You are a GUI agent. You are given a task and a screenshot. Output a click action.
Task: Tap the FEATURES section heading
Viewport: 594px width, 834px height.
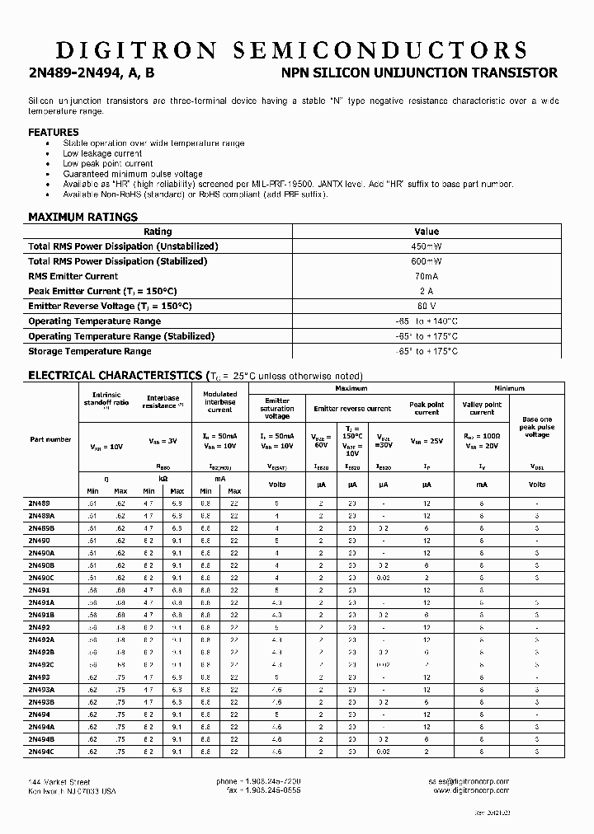coord(54,132)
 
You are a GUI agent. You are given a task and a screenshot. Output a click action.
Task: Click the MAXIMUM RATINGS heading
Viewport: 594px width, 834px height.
coord(82,217)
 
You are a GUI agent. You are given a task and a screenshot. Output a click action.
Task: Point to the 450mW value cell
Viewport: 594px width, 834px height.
coord(427,246)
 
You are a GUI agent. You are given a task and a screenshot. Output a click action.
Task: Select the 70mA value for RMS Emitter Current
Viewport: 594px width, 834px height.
coord(427,276)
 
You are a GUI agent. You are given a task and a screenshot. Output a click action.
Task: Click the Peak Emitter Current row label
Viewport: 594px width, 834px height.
coord(102,292)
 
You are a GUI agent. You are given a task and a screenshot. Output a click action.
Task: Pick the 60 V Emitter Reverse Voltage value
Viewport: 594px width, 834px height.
coord(427,307)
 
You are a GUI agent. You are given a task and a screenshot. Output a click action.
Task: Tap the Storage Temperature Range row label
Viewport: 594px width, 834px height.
coord(90,351)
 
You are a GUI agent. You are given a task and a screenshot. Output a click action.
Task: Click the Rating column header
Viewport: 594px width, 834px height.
coord(158,232)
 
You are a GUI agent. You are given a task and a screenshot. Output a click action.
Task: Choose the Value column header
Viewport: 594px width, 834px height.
coord(427,232)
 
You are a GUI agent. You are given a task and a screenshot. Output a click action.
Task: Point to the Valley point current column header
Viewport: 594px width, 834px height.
coord(482,408)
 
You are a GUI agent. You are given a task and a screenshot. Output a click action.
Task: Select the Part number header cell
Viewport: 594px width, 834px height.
coord(50,439)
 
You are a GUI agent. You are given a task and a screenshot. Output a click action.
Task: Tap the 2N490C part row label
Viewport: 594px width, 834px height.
coord(41,579)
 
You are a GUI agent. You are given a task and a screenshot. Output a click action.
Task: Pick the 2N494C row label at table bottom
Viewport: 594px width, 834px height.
coord(41,752)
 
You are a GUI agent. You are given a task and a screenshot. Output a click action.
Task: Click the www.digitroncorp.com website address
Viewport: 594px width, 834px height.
coord(470,790)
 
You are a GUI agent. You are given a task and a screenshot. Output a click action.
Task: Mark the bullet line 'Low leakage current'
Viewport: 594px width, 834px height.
coord(102,153)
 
